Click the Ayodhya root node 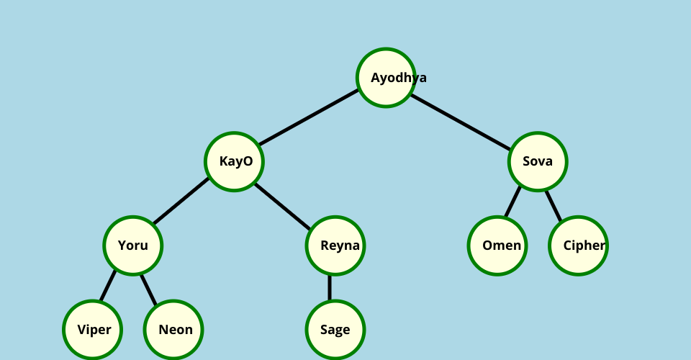[387, 78]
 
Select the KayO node [235, 161]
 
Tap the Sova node [538, 161]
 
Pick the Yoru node [133, 246]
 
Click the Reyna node [335, 246]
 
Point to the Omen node [497, 246]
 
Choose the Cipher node [578, 246]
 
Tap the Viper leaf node [93, 330]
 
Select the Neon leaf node [173, 330]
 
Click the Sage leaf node [335, 330]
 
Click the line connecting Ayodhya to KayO [310, 120]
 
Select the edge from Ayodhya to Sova [461, 119]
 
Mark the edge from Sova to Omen [512, 202]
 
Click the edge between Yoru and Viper [108, 286]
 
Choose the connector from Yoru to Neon [148, 287]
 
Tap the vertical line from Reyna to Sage [330, 288]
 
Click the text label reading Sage [335, 330]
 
